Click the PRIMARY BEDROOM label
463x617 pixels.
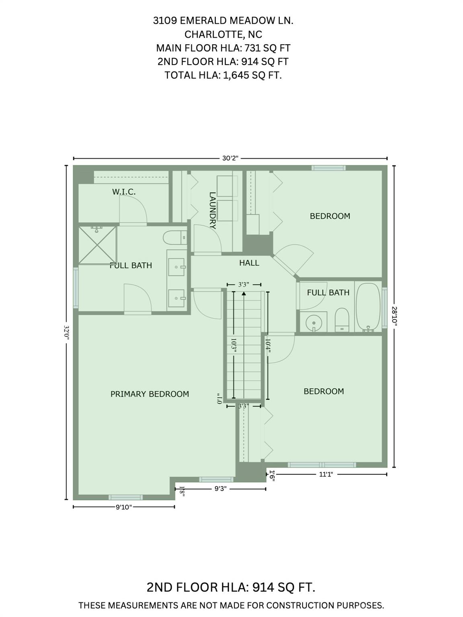pyautogui.click(x=150, y=394)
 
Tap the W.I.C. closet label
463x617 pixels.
pyautogui.click(x=124, y=192)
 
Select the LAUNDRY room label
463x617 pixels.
pyautogui.click(x=213, y=210)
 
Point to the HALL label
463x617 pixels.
pyautogui.click(x=249, y=263)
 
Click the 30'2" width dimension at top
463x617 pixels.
pyautogui.click(x=230, y=158)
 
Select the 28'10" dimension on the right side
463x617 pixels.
pyautogui.click(x=394, y=317)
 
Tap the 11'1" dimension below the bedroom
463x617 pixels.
pyautogui.click(x=326, y=474)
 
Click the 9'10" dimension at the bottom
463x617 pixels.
pyautogui.click(x=124, y=507)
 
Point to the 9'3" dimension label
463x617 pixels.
pyautogui.click(x=220, y=489)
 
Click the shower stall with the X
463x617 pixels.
pyautogui.click(x=97, y=245)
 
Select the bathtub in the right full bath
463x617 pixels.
pyautogui.click(x=369, y=307)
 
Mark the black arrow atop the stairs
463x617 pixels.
pyautogui.click(x=244, y=294)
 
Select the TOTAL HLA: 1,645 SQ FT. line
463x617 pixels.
pyautogui.click(x=223, y=75)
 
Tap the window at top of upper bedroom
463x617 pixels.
pyautogui.click(x=328, y=168)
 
